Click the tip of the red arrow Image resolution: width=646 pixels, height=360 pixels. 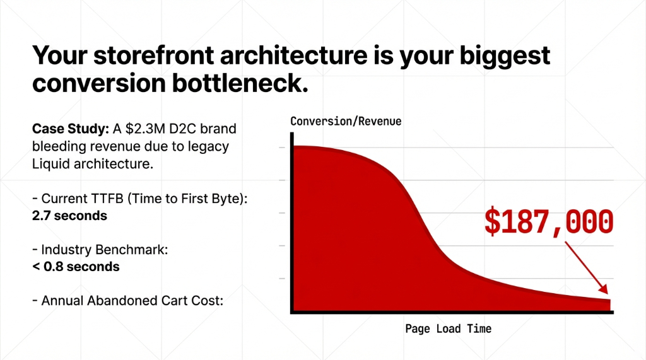point(608,293)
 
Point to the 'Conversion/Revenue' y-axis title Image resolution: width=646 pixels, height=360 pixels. point(346,121)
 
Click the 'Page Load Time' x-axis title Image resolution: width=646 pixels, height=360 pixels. point(448,328)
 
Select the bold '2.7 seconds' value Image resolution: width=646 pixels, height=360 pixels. point(69,216)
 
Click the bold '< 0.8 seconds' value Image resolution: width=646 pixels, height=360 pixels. point(76,266)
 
